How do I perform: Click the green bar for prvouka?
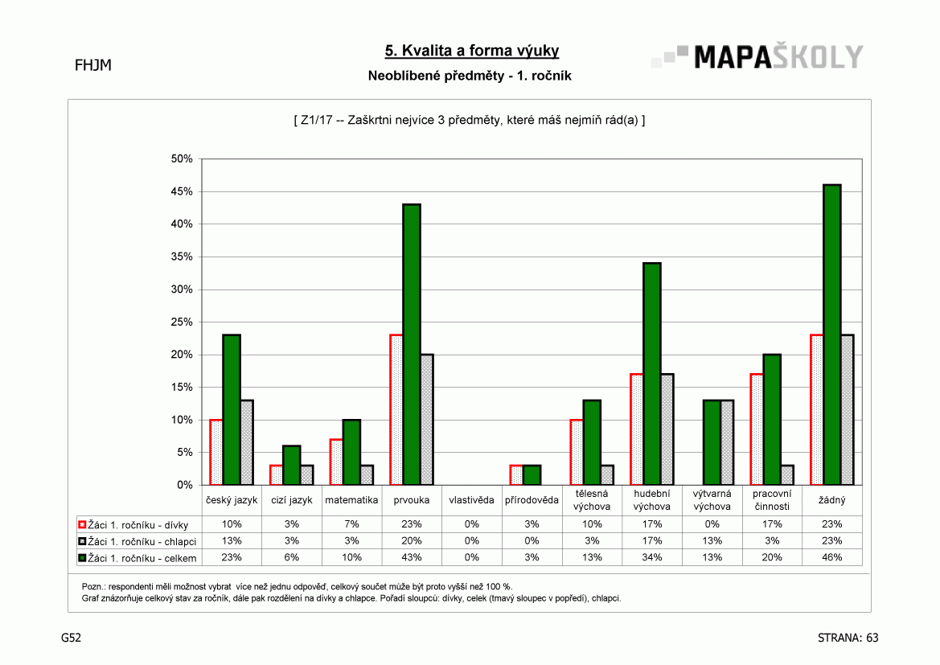click(412, 344)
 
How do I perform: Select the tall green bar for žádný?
click(832, 335)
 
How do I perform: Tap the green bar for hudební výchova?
click(651, 374)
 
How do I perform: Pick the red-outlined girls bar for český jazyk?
click(216, 452)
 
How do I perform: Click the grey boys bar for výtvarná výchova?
click(727, 442)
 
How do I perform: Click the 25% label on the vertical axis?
click(182, 322)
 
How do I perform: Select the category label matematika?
click(351, 500)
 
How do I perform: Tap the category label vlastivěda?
click(472, 500)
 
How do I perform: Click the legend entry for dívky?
click(133, 525)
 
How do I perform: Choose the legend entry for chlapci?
click(138, 541)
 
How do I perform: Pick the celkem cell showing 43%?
click(412, 558)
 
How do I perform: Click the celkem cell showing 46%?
click(832, 558)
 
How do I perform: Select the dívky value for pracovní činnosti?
click(772, 524)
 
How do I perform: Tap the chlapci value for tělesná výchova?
click(592, 541)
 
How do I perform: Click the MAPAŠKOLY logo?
click(757, 57)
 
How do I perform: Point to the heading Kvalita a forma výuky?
click(472, 51)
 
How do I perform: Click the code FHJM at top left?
click(93, 65)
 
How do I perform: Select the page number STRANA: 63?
click(848, 638)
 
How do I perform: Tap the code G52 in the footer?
click(71, 638)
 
